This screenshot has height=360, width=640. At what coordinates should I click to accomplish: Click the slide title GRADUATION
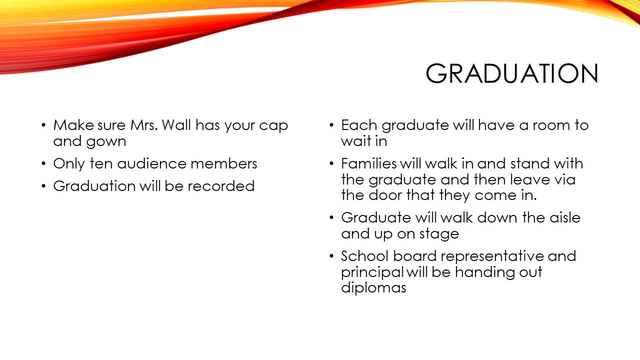(x=511, y=73)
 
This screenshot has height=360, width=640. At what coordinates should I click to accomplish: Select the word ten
(x=101, y=163)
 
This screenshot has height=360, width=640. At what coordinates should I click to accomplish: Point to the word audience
(x=151, y=163)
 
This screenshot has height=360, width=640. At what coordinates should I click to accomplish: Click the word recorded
(x=221, y=186)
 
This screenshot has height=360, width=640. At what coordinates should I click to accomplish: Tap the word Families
(x=369, y=163)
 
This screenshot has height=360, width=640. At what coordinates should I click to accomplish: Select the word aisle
(x=565, y=217)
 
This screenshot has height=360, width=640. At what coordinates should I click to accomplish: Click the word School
(x=365, y=256)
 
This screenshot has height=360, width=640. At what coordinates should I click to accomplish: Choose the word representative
(x=491, y=256)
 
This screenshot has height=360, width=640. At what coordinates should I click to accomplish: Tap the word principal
(x=372, y=272)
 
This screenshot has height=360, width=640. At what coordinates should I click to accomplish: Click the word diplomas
(x=373, y=288)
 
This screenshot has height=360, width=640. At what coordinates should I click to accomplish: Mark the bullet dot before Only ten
(x=43, y=164)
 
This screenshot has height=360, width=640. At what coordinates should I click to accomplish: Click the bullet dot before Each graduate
(x=331, y=125)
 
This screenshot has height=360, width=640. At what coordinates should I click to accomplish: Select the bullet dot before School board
(x=331, y=256)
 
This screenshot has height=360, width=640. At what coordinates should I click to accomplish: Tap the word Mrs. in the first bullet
(x=144, y=125)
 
